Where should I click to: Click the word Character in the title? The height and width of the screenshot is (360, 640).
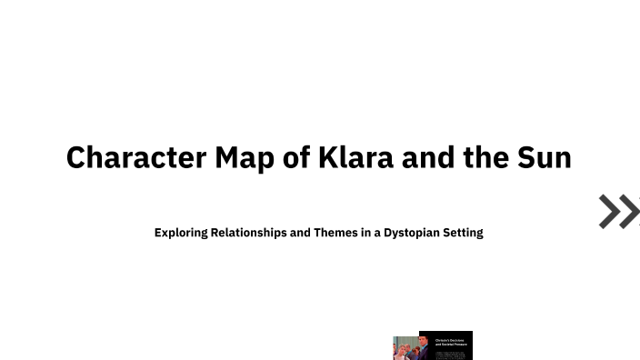tap(136, 157)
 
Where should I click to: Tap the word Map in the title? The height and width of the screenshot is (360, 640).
tap(245, 157)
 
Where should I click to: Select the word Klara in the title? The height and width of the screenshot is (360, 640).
tap(355, 157)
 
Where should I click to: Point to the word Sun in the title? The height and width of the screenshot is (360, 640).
tap(545, 157)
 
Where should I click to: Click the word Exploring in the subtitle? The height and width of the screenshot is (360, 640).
tap(181, 233)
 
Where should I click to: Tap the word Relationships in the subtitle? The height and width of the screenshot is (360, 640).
tap(248, 233)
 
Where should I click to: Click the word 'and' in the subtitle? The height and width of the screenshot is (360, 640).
tap(300, 233)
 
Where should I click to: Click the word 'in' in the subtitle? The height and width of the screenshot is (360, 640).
tap(365, 233)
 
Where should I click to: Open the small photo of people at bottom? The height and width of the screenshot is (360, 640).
tap(405, 349)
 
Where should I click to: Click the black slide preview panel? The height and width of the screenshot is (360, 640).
tap(445, 345)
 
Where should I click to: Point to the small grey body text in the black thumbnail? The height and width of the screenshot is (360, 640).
tap(450, 354)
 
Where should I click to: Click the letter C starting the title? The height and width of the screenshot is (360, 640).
tap(76, 157)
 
